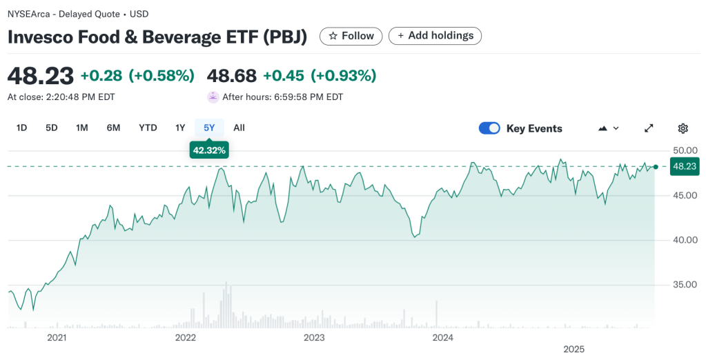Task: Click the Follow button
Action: pyautogui.click(x=351, y=36)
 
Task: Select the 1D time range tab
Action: pyautogui.click(x=21, y=128)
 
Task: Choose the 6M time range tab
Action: pyautogui.click(x=113, y=128)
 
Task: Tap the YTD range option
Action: pyautogui.click(x=148, y=128)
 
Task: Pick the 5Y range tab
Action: pyautogui.click(x=209, y=128)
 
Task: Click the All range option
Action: pyautogui.click(x=239, y=128)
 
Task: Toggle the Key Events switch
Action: pyautogui.click(x=489, y=128)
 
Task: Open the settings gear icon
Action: pyautogui.click(x=683, y=128)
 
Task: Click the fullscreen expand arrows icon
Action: pyautogui.click(x=649, y=128)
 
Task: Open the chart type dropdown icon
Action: pyautogui.click(x=608, y=128)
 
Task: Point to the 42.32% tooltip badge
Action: pyautogui.click(x=209, y=150)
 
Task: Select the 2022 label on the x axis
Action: pyautogui.click(x=185, y=338)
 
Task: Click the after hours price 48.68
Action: pyautogui.click(x=231, y=75)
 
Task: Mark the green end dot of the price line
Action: pyautogui.click(x=655, y=166)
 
